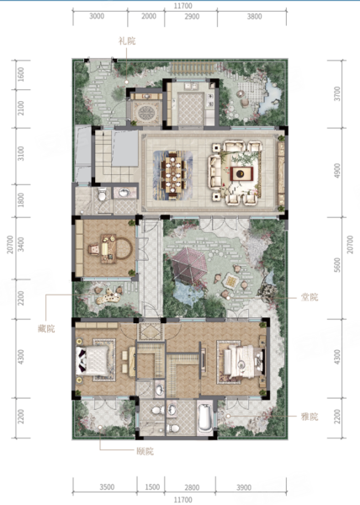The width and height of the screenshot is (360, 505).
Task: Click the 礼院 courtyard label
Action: [x=127, y=41]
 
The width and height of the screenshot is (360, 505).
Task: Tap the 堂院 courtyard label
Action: [x=310, y=297]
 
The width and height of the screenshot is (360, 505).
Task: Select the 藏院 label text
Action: [x=46, y=329]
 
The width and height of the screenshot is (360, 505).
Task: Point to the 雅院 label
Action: [x=310, y=417]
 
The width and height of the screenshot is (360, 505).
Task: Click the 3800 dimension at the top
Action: [x=254, y=16]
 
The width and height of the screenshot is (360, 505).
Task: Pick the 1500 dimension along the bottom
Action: [x=152, y=487]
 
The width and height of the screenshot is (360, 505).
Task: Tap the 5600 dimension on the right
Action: [x=337, y=265]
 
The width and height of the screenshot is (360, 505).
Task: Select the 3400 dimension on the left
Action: [x=20, y=244]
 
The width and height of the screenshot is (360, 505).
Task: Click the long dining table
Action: [x=174, y=176]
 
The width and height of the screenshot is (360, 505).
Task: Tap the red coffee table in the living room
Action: [x=241, y=174]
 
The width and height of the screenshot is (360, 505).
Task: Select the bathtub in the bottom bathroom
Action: [x=204, y=418]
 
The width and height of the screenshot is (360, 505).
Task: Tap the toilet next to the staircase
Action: [x=102, y=194]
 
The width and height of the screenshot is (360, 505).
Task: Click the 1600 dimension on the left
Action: [x=20, y=74]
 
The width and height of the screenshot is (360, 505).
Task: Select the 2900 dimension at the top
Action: [x=192, y=16]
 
